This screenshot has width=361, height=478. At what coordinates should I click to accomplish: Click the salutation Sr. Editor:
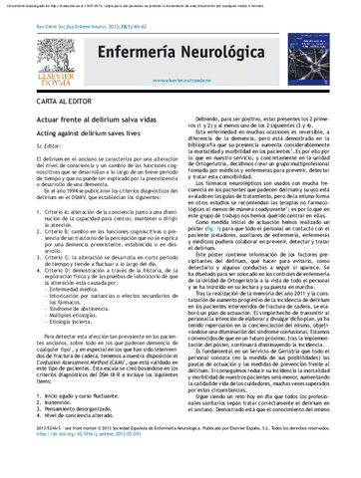35,157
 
